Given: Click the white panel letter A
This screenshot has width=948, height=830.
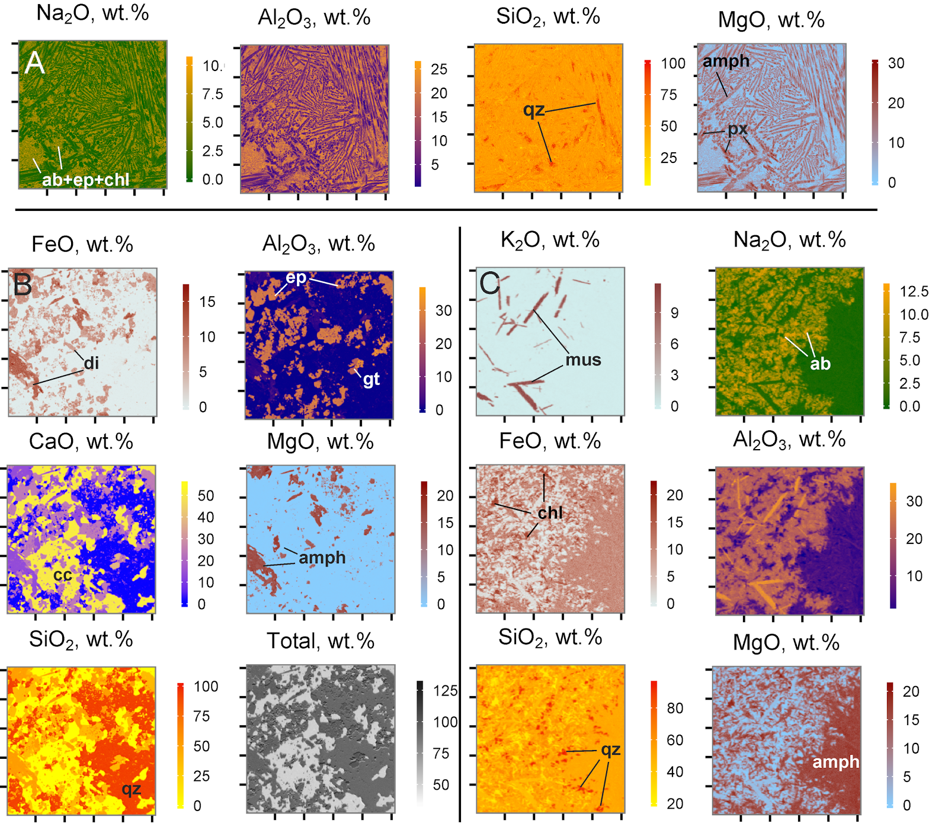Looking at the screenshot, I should point(34,63).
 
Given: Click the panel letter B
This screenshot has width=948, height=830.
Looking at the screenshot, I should point(23,285).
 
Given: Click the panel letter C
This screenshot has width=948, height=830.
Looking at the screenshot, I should point(490,284).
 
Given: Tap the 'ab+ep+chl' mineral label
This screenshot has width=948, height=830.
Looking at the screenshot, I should point(85,180).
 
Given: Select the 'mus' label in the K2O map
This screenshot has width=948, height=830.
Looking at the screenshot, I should point(583,360).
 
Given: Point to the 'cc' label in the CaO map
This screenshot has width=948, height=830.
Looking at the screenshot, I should point(62,575).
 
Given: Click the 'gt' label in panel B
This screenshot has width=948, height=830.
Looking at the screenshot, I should point(371,379).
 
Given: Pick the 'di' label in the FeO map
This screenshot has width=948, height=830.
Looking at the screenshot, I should point(91,363).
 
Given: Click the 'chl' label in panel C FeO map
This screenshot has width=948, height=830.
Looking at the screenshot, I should point(550,512).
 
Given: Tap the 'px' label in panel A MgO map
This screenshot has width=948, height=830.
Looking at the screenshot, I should point(738,129).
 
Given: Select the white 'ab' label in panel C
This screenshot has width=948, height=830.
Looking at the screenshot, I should point(820,363).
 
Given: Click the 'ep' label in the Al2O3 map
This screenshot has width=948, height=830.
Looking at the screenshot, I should point(296,277).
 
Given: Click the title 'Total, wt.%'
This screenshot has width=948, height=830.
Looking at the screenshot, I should point(321,641).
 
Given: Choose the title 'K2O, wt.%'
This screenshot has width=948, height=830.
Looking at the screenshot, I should point(550,240).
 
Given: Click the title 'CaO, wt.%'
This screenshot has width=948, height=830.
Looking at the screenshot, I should point(81,442).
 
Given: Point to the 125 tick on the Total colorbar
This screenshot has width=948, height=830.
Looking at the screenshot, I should point(445,691).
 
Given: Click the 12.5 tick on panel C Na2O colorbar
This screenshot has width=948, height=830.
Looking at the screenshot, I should point(914,291).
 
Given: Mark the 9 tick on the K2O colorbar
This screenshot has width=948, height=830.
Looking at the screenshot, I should point(674,313).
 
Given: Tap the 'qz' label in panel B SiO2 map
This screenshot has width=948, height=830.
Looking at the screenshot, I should point(132,789).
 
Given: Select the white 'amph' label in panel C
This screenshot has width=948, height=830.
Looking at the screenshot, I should point(835,762).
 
